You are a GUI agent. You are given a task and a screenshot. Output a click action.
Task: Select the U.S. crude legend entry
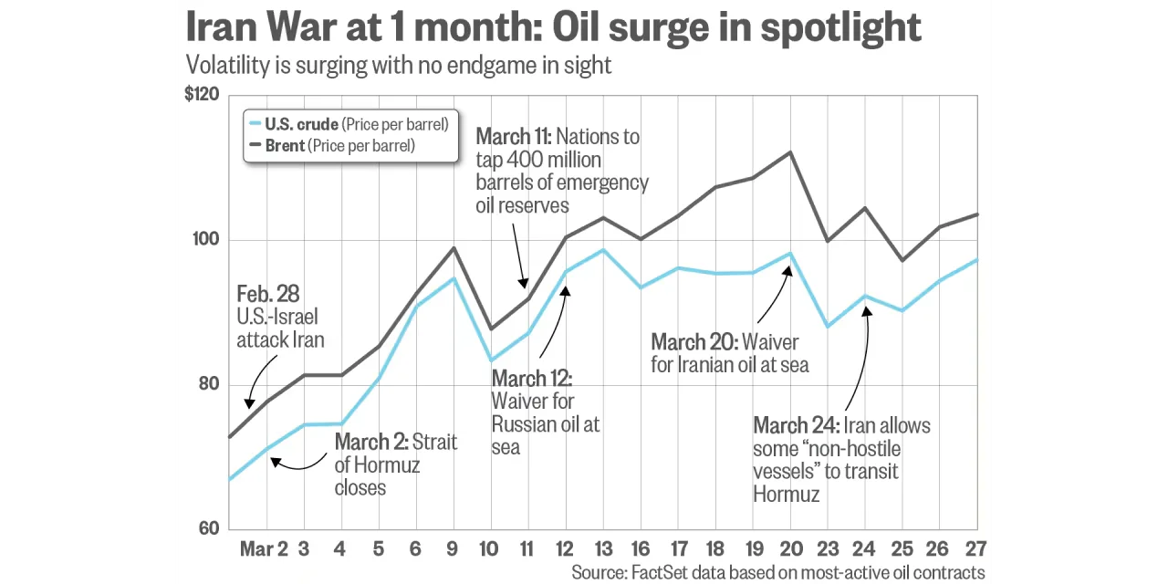[x=347, y=124]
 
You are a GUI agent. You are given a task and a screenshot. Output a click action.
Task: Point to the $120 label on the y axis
[x=202, y=94]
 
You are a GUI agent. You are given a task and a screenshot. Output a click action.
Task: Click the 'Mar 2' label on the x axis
[x=264, y=548]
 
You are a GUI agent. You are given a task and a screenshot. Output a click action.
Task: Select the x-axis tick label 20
[x=790, y=548]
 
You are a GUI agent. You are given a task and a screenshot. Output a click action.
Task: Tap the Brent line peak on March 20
[x=790, y=152]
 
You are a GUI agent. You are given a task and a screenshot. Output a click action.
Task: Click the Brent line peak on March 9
[x=454, y=248]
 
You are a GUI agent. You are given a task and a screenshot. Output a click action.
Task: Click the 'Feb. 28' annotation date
[x=267, y=294]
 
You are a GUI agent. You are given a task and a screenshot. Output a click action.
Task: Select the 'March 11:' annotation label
[x=513, y=137]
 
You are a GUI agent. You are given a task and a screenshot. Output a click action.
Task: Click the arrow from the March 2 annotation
[x=297, y=464]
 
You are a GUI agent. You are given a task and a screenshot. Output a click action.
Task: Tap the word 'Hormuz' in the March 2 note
[x=386, y=465]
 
